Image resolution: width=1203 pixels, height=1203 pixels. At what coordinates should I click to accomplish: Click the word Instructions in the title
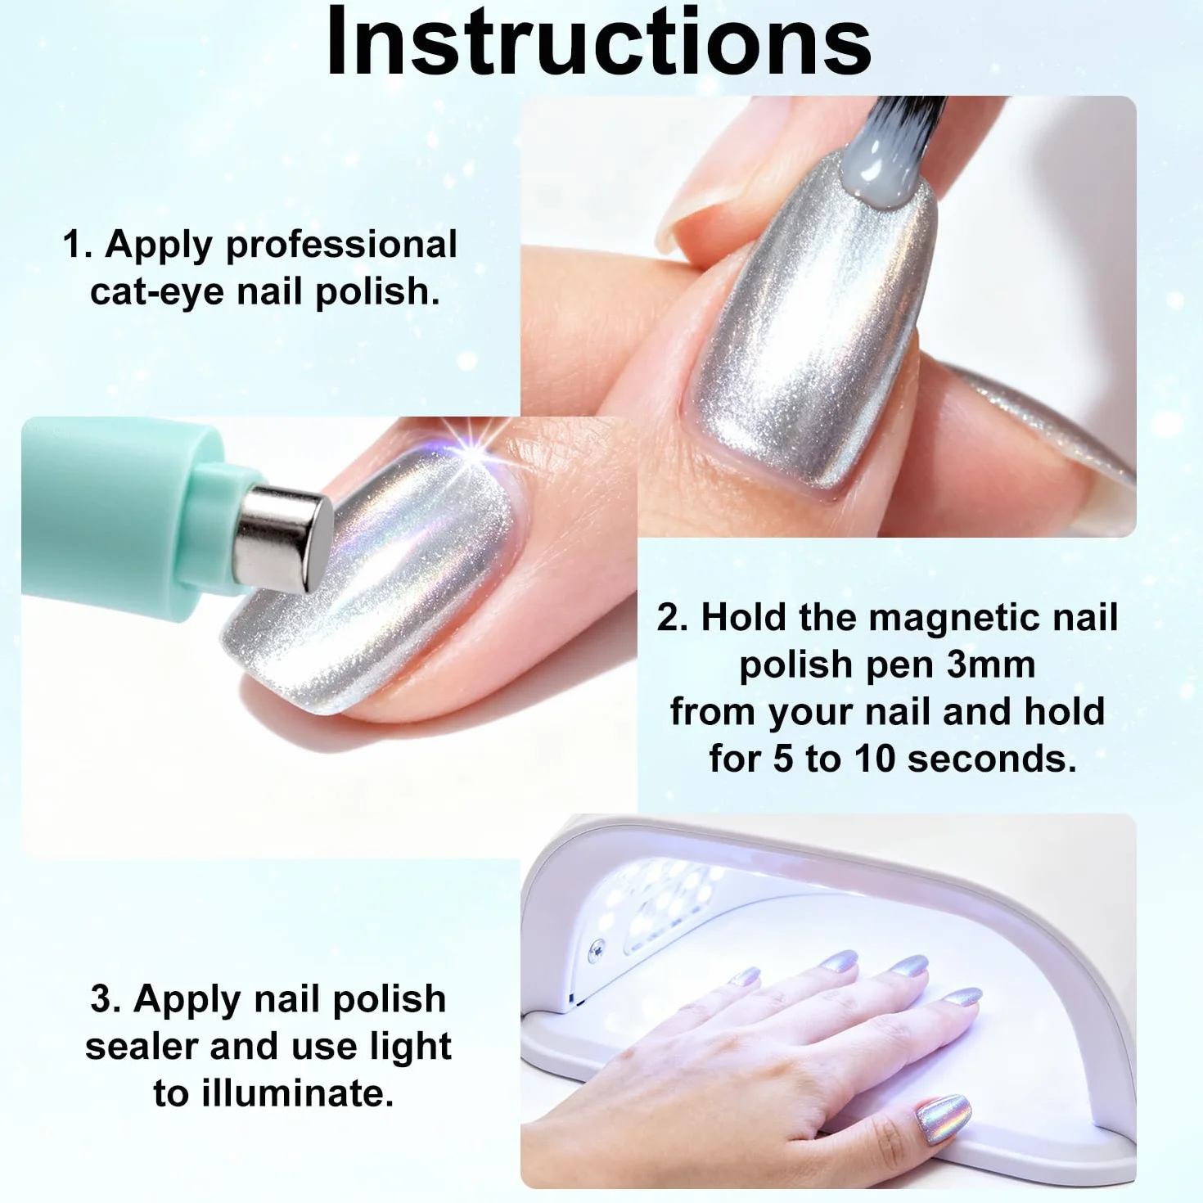tap(599, 42)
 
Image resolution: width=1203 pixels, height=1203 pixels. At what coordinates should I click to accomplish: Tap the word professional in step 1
tap(341, 246)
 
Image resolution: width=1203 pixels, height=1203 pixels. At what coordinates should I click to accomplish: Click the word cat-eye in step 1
tap(156, 291)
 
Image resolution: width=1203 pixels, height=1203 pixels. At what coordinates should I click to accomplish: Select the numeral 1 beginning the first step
tap(74, 244)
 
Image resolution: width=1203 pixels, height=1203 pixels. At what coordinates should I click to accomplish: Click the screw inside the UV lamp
tap(597, 949)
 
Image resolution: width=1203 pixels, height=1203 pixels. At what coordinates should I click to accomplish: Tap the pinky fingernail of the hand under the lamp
tap(744, 975)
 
